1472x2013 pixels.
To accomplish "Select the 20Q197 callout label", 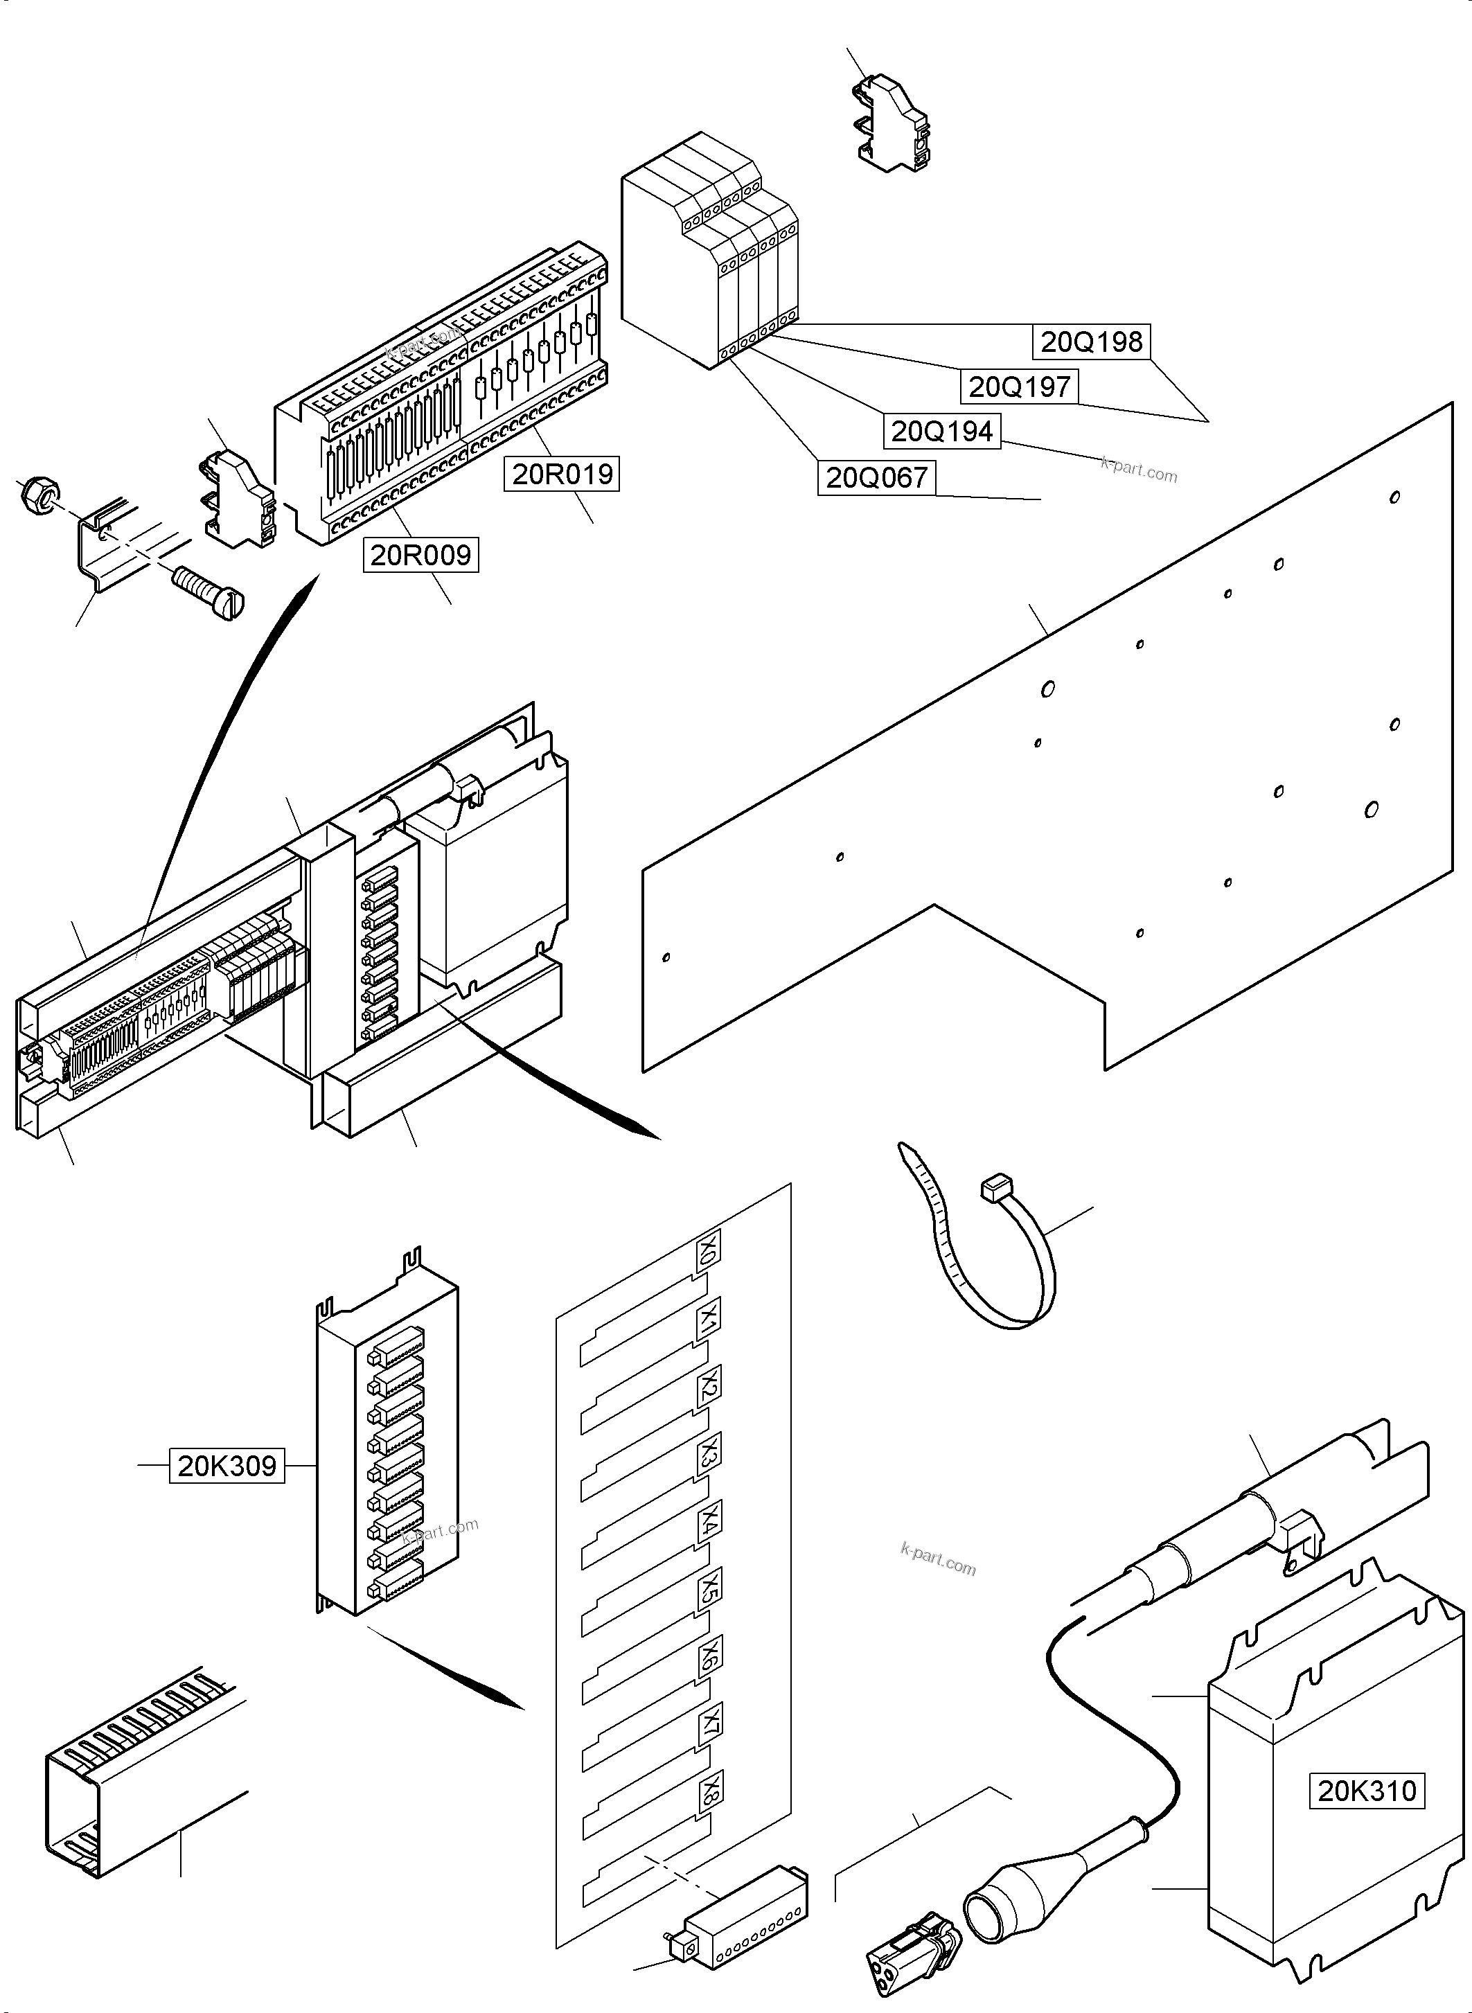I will (x=1018, y=387).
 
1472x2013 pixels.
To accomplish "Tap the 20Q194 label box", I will (x=942, y=432).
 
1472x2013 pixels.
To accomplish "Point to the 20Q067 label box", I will (x=876, y=478).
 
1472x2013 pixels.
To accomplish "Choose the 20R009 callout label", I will (x=420, y=555).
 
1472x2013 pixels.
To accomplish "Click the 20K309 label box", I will (x=227, y=1466).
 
